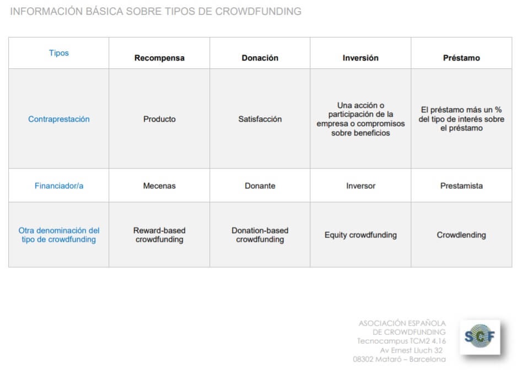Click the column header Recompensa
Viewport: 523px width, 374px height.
[x=159, y=58]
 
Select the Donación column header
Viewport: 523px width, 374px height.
[x=260, y=58]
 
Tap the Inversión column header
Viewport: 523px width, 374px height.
[x=360, y=58]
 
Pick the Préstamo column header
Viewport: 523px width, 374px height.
[x=461, y=58]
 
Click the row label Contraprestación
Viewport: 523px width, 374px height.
[x=59, y=119]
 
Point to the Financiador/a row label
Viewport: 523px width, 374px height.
[x=59, y=186]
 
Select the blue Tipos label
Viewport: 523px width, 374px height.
[x=59, y=53]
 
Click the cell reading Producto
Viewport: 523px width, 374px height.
[x=159, y=119]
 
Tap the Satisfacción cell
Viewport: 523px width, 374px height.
[x=260, y=119]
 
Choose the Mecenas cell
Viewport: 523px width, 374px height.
[x=159, y=186]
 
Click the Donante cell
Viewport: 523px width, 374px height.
[x=260, y=186]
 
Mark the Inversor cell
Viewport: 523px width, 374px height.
[x=360, y=186]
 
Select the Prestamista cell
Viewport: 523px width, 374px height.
[x=461, y=186]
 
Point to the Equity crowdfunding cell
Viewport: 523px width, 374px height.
[x=360, y=235]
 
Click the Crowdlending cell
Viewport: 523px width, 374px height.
[x=461, y=235]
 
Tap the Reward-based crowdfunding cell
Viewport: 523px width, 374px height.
[x=159, y=235]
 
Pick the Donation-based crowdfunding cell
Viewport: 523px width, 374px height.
[x=260, y=235]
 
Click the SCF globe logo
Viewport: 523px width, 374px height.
[x=479, y=337]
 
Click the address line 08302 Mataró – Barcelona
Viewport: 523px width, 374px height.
[x=400, y=359]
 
